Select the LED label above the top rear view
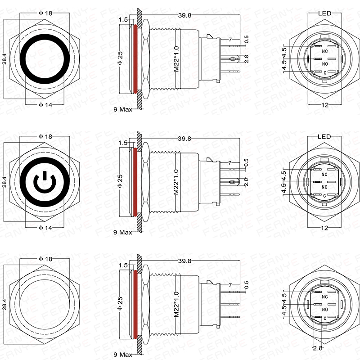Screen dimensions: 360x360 coord(324,13)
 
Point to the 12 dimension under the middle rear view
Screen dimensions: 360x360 coord(324,229)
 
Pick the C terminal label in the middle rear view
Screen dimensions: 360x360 coord(324,194)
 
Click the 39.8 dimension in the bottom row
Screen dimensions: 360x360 coord(184,261)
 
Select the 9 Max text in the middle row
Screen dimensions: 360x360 coord(123,232)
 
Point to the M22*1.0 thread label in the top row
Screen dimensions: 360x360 coord(176,58)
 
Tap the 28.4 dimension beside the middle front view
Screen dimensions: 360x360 coord(4,181)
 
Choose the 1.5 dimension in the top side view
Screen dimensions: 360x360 coord(122,20)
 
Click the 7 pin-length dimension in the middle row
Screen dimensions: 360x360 coord(230,162)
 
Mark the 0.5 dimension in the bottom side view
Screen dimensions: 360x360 coord(246,284)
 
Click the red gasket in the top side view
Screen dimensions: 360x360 coord(135,58)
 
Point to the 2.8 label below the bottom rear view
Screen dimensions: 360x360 coord(318,348)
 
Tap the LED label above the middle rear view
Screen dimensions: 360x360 coord(324,137)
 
